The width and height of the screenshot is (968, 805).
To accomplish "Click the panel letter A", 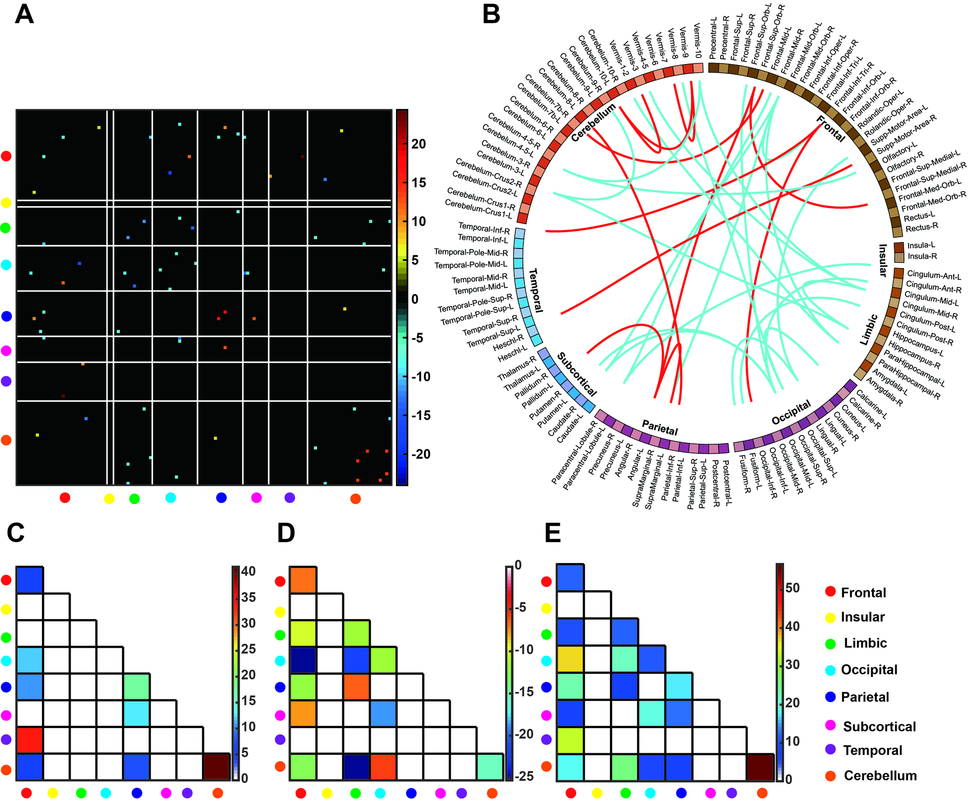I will [x=24, y=14].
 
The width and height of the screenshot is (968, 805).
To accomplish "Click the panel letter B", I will [x=491, y=14].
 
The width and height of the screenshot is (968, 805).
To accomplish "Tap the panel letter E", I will [x=553, y=533].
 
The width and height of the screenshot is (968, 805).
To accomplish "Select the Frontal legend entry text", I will [x=863, y=593].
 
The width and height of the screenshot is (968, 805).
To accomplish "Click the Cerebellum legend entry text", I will [x=880, y=776].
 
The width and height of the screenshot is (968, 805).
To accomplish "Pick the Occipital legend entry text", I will [x=869, y=670].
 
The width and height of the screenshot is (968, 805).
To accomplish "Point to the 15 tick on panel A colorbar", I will [x=418, y=183].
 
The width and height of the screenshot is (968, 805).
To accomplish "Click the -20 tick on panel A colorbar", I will [x=421, y=454].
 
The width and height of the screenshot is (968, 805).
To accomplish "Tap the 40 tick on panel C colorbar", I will [x=248, y=571].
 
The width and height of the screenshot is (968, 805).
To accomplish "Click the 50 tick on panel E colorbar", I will [x=792, y=588].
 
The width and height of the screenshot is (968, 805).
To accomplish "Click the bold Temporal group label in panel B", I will [x=536, y=290].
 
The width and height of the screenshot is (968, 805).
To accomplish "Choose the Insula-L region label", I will [x=921, y=245].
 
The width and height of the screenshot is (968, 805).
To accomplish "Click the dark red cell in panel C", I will [x=217, y=767].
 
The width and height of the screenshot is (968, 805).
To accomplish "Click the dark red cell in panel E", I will [x=760, y=767].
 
